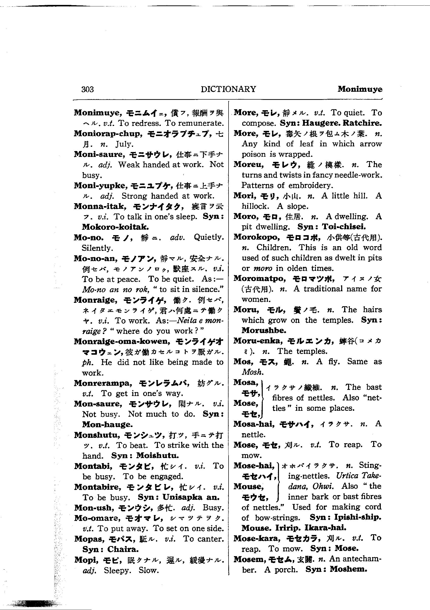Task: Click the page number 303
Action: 87,89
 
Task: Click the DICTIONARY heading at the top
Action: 228,89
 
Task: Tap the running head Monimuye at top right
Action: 360,89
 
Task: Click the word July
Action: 124,144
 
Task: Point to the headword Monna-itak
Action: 99,206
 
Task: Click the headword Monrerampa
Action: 103,383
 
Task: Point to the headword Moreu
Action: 248,165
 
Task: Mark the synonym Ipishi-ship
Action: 357,517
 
